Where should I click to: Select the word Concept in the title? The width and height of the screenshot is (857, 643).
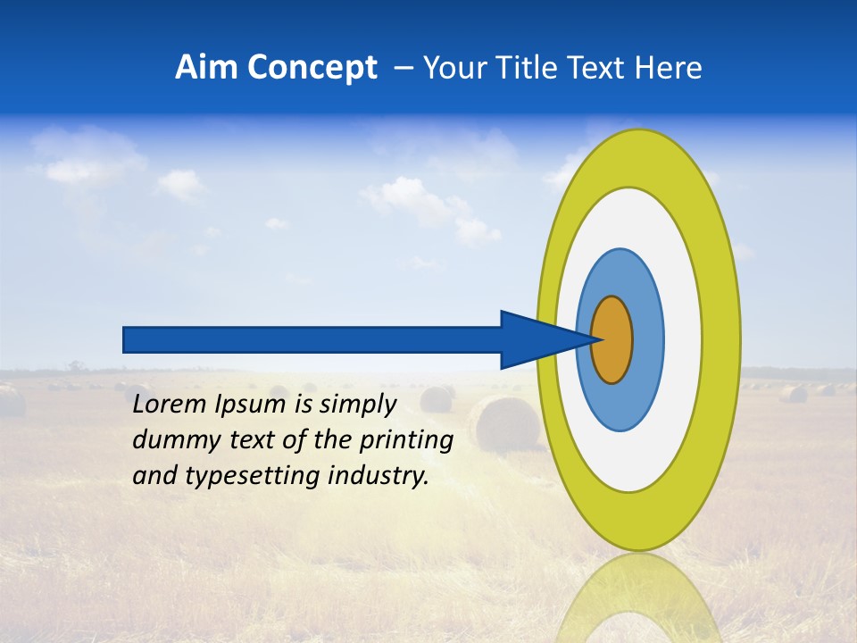pyautogui.click(x=312, y=68)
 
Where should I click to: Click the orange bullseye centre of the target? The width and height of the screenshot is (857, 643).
pyautogui.click(x=612, y=339)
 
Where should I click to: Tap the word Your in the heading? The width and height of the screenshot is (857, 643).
pyautogui.click(x=453, y=68)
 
